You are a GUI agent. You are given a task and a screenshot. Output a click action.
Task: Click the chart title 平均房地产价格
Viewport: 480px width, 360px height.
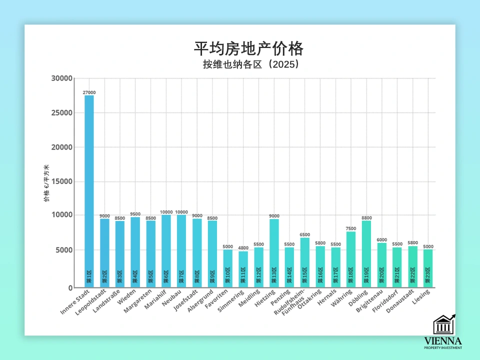coord(248,49)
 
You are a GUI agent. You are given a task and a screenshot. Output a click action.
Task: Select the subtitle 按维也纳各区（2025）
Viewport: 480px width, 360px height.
coord(248,64)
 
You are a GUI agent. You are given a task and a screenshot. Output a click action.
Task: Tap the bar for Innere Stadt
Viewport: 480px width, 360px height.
coord(89,190)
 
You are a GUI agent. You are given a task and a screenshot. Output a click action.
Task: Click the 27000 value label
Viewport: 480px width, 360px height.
coord(89,92)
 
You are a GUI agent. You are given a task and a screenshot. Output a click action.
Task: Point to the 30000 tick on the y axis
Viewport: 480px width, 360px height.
coord(62,78)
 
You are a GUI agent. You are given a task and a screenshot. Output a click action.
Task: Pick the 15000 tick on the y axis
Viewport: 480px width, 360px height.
coord(62,182)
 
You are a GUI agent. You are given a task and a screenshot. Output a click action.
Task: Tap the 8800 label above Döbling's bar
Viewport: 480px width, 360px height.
coord(366,218)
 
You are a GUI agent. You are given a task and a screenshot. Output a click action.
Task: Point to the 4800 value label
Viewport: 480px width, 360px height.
coord(243,248)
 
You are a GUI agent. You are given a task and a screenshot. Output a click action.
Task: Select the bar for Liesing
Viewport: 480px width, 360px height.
coord(428,268)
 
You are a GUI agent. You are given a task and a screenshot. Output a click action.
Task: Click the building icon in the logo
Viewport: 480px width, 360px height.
coord(443,325)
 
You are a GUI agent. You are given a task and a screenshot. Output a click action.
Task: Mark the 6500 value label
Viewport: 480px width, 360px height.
coord(305,234)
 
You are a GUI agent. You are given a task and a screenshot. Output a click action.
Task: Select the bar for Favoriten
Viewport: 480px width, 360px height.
coord(227,268)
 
